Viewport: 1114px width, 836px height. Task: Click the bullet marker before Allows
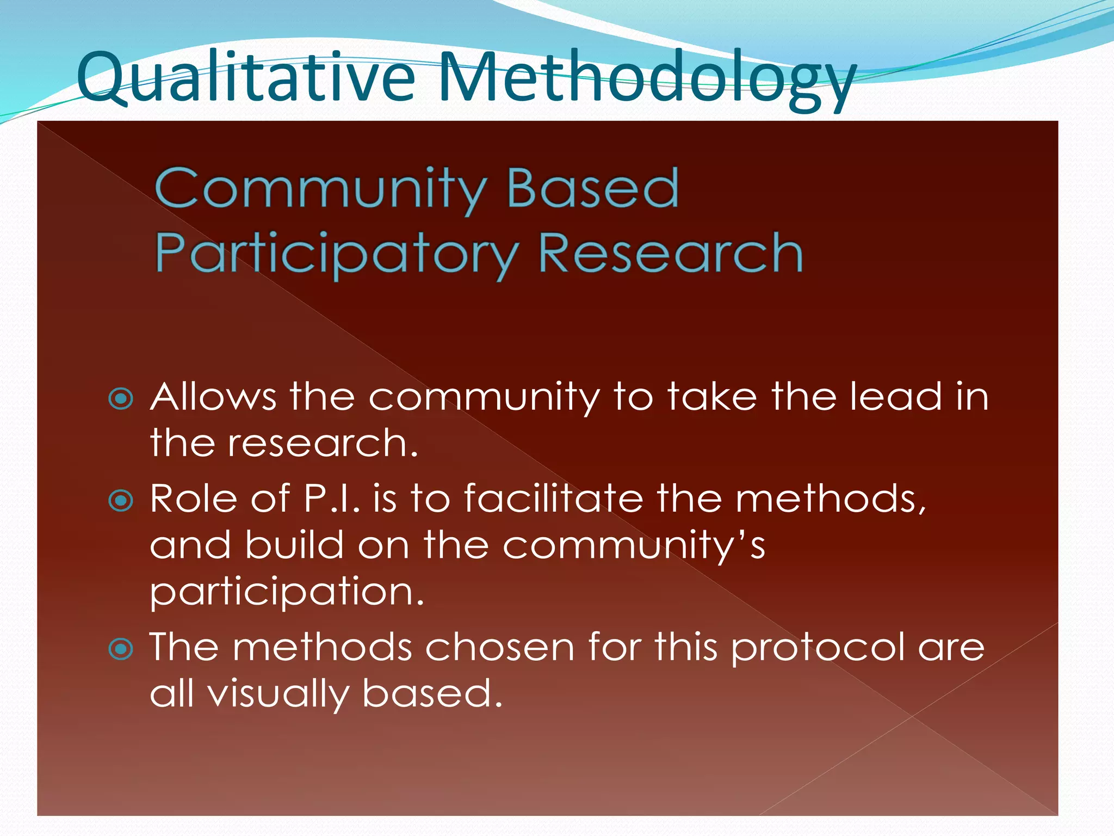pos(121,399)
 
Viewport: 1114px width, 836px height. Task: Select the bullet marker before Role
pos(121,501)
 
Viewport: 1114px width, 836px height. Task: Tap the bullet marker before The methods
pos(121,649)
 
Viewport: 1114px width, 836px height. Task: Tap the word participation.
pos(286,593)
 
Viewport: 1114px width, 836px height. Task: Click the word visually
pos(278,694)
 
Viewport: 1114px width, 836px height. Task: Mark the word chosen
pos(499,647)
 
